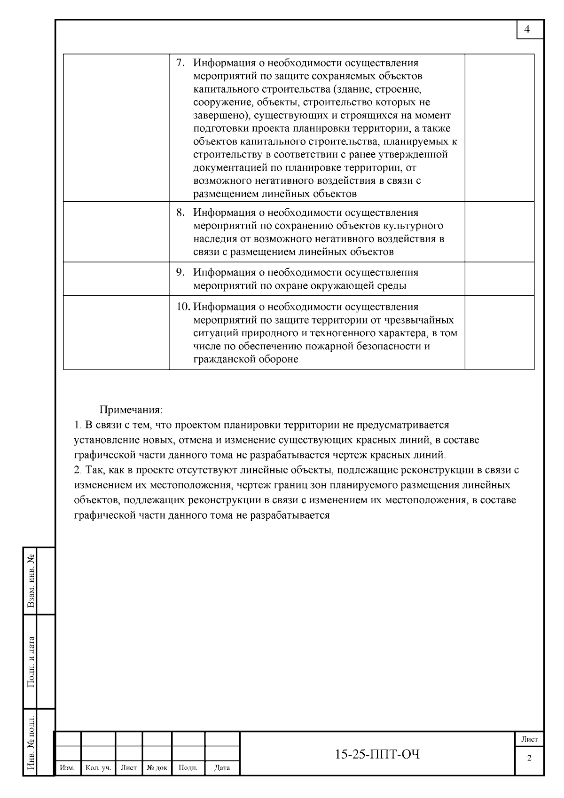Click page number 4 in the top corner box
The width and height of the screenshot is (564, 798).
527,30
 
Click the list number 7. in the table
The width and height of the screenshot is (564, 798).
180,63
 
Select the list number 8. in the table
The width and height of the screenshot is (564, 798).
180,213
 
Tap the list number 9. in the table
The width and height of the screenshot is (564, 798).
180,272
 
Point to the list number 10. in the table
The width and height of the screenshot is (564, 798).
183,307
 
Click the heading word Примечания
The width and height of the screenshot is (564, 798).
131,410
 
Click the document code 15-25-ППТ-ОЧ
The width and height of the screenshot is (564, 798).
377,754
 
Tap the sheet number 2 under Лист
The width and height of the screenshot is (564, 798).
530,758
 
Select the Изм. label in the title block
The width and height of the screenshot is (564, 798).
68,768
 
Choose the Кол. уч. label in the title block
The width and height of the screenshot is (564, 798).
98,768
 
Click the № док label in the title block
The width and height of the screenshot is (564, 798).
157,768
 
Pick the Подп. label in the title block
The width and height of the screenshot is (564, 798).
188,768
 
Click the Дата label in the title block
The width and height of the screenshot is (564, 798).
222,768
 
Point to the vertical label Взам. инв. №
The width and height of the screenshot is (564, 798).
31,581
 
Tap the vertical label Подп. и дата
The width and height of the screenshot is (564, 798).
31,662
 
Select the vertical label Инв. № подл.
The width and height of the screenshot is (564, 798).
31,743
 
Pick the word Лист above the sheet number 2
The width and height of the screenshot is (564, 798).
530,739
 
